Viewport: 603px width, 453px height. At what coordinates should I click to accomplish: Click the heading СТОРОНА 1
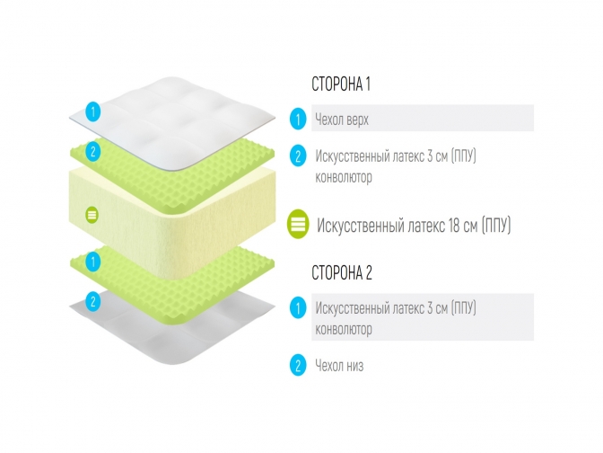click(340, 85)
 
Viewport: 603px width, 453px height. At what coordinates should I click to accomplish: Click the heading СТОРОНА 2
click(341, 273)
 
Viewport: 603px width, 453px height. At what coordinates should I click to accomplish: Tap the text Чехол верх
click(341, 119)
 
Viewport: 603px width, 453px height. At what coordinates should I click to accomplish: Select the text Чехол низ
click(339, 365)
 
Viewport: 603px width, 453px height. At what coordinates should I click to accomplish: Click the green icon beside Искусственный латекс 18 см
click(298, 225)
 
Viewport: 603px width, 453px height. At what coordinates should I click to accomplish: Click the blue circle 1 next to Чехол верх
click(298, 119)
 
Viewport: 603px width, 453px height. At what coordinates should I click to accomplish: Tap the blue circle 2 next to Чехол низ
click(298, 365)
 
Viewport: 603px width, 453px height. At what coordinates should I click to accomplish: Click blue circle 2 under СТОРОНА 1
click(298, 156)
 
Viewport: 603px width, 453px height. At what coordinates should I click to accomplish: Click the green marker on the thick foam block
click(91, 215)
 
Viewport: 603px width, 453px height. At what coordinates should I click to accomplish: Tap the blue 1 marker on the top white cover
click(91, 112)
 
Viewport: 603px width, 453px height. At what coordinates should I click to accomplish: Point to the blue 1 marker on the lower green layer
click(91, 262)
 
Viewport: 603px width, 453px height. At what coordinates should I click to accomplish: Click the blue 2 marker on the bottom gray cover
click(91, 299)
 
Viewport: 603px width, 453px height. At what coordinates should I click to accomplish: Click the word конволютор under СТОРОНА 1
click(344, 177)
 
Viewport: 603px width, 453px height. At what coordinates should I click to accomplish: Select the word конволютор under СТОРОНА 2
click(344, 329)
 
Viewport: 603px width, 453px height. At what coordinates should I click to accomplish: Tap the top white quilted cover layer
click(179, 112)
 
